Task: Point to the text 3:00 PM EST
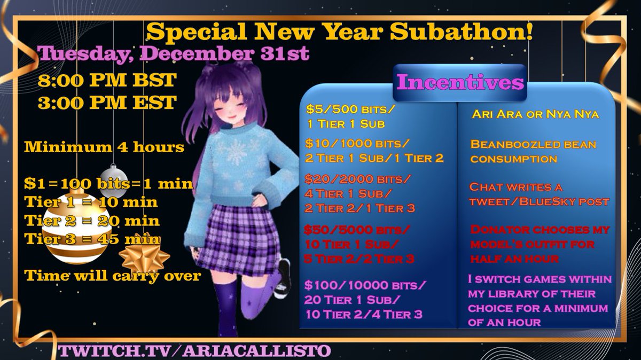tap(107, 103)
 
